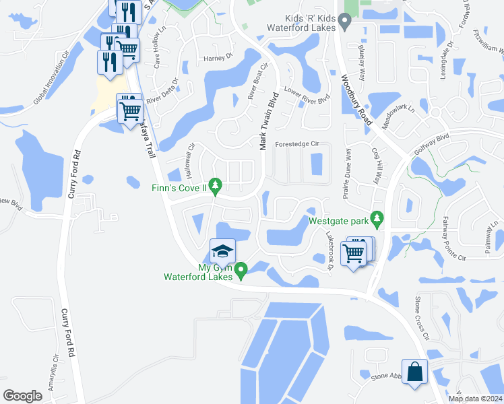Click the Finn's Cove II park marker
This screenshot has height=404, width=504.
point(215,184)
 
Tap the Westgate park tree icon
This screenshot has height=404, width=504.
point(377,219)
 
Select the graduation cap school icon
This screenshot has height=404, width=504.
point(222,252)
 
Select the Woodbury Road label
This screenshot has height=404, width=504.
point(356,98)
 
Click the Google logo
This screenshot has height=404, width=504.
point(22,395)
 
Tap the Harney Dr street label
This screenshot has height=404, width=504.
point(218,58)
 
